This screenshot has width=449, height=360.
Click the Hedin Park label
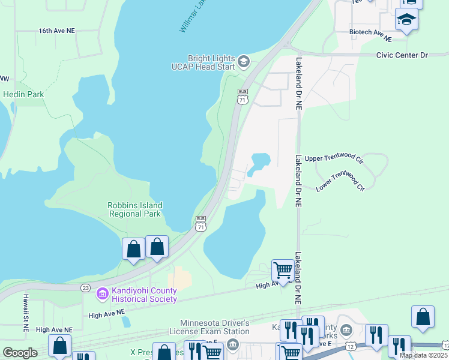click(x=23, y=94)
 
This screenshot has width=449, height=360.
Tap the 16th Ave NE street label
click(x=56, y=30)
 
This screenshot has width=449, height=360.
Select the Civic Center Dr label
click(x=402, y=55)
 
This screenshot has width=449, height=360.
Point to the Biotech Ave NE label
click(x=370, y=35)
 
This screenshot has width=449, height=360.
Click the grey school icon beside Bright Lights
click(x=243, y=61)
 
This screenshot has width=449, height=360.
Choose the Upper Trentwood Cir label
click(x=334, y=158)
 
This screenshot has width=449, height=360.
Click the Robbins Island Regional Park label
click(x=134, y=209)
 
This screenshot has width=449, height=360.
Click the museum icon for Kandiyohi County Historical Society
click(x=101, y=293)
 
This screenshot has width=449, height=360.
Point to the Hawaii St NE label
click(x=26, y=312)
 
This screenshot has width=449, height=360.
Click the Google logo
click(x=20, y=353)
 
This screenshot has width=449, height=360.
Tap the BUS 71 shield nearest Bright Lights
click(x=243, y=97)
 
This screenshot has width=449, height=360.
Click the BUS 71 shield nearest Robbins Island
click(x=200, y=224)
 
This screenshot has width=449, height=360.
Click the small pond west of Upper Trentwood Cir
click(x=261, y=161)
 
